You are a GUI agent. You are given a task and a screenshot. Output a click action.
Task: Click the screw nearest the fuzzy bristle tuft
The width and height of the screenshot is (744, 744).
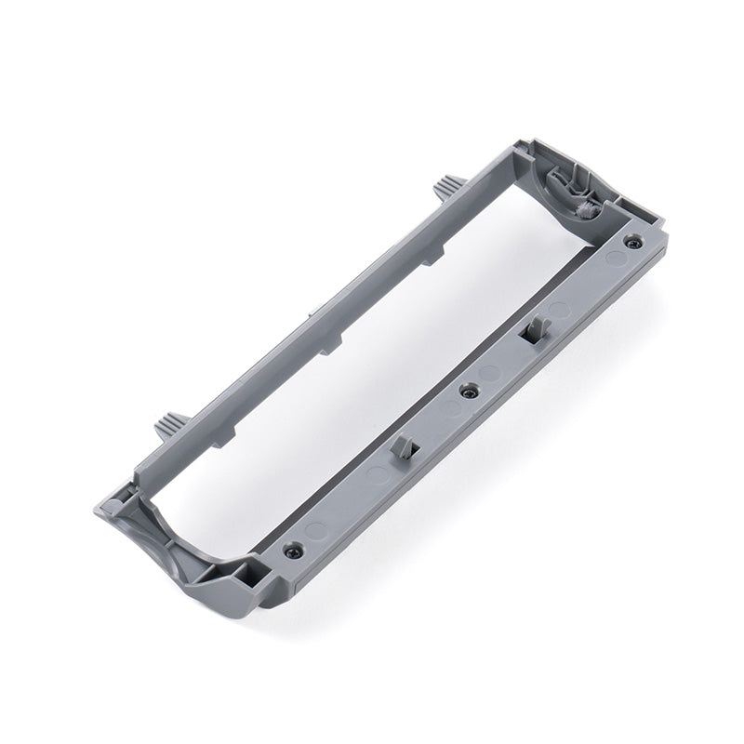tap(632, 243)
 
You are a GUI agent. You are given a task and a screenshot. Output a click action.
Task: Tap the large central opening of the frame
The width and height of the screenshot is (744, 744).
tap(372, 353)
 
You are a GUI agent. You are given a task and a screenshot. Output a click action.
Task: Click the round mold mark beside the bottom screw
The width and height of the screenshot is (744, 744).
tap(317, 530)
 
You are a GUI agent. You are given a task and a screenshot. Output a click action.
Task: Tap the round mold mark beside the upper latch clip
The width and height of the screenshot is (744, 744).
tap(558, 307)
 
